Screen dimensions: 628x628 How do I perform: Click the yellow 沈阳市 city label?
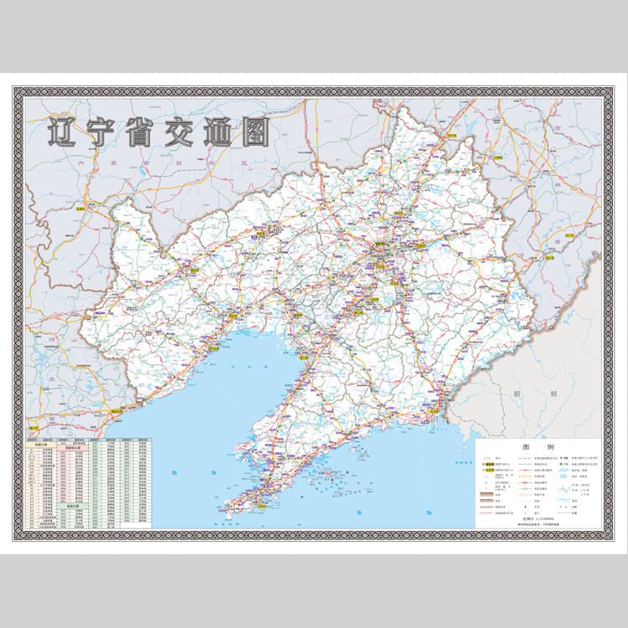pos(381,249)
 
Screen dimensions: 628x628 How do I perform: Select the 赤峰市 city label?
pos(80,207)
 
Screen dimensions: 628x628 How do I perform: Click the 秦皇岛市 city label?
pos(116,413)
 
